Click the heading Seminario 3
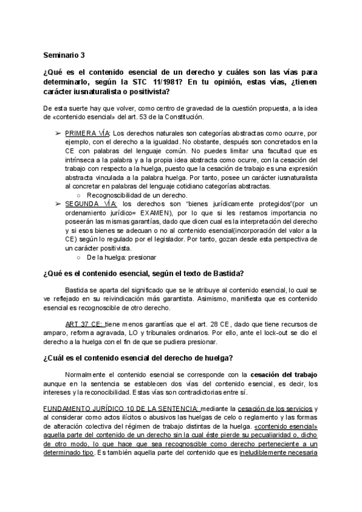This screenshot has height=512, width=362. click(x=63, y=54)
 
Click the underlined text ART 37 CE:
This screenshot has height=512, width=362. click(x=83, y=324)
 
